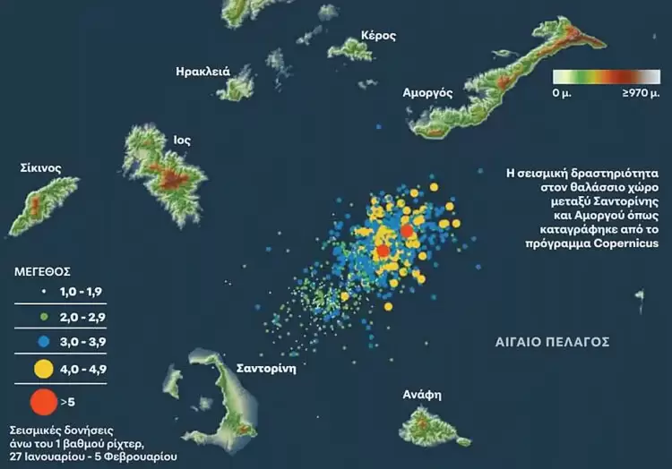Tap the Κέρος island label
click(x=377, y=36)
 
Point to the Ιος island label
click(x=181, y=140)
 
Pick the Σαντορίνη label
click(x=265, y=368)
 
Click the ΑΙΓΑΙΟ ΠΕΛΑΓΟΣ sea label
click(x=553, y=342)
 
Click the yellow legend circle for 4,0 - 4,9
click(x=41, y=367)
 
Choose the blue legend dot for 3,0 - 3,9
click(x=41, y=340)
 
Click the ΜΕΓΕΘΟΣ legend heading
click(x=44, y=269)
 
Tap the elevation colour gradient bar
click(x=606, y=77)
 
